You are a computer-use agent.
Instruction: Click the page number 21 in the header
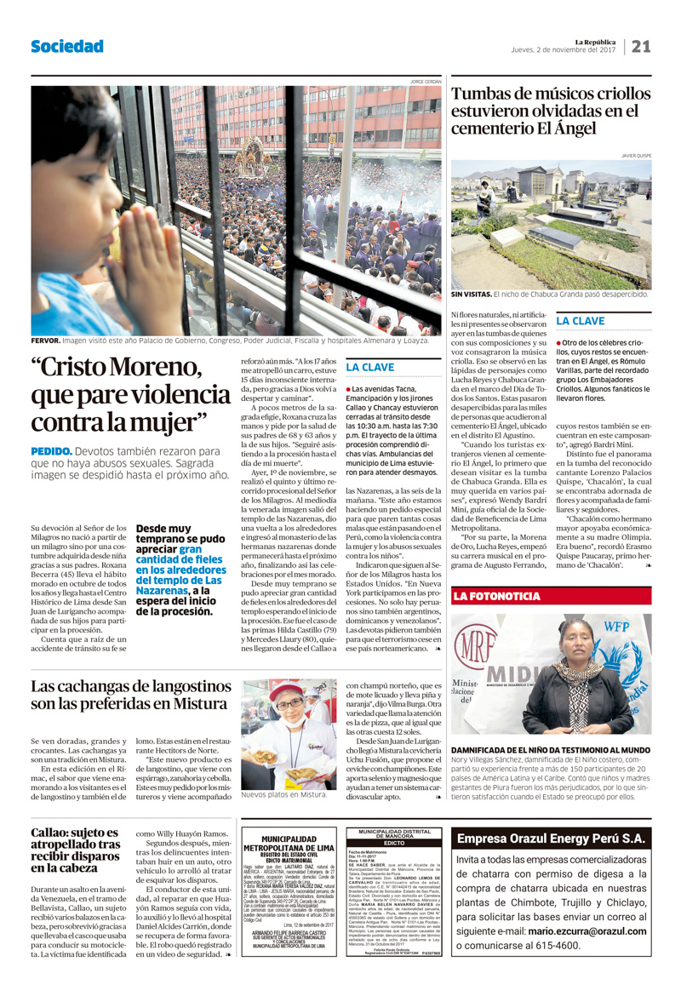pos(641,46)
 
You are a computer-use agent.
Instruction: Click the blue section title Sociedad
pos(67,46)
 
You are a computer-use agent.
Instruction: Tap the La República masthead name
pos(594,41)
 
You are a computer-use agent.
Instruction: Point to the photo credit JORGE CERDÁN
pos(426,82)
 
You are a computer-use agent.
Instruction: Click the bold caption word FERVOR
pos(45,340)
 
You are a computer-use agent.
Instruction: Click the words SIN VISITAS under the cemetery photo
pos(471,295)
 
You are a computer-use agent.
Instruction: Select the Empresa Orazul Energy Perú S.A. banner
pos(551,839)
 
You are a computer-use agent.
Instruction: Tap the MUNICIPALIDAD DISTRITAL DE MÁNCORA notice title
pos(393,834)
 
